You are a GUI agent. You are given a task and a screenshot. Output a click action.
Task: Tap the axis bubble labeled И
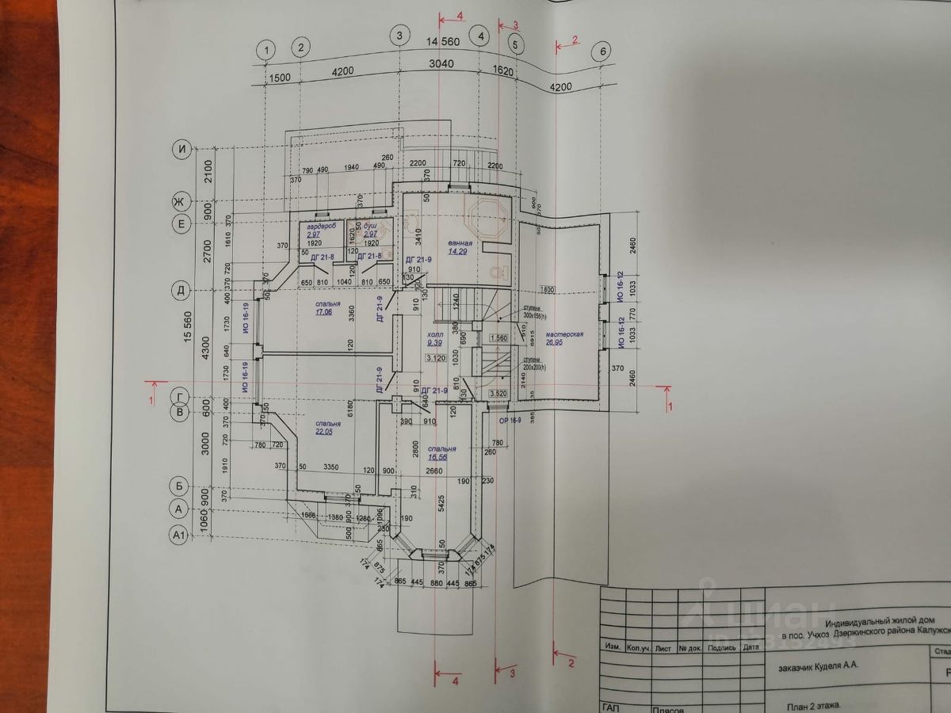tap(183, 148)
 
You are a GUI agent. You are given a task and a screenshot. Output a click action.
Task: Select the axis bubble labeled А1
tap(179, 536)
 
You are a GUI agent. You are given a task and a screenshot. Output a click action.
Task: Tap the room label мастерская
tap(564, 334)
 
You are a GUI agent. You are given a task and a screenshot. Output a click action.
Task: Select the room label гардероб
tap(318, 227)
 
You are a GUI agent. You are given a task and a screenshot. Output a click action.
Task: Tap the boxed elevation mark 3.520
tap(498, 393)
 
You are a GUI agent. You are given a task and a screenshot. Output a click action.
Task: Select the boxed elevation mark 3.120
tap(435, 358)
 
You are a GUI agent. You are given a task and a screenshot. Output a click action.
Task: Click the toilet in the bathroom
tap(497, 273)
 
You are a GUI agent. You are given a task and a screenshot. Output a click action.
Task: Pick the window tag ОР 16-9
tap(510, 420)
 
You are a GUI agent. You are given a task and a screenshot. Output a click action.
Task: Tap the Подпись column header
tap(721, 648)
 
